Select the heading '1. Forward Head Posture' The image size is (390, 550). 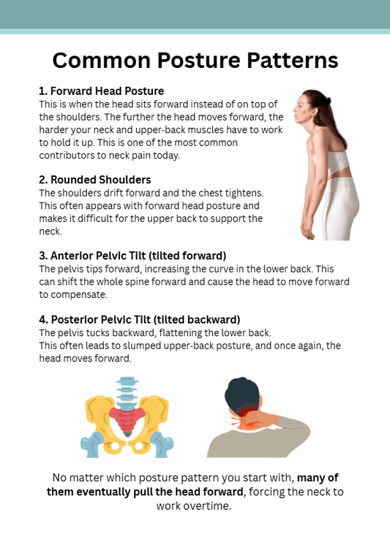coord(101,91)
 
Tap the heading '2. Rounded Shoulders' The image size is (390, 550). coord(95,180)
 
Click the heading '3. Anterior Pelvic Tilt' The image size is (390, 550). coord(132,256)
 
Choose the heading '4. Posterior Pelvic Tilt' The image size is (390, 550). coord(140,319)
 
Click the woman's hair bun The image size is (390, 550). coord(328,101)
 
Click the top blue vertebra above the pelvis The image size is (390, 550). coord(127,381)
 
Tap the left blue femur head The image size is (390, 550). coord(92,444)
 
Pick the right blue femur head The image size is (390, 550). coord(162,444)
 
